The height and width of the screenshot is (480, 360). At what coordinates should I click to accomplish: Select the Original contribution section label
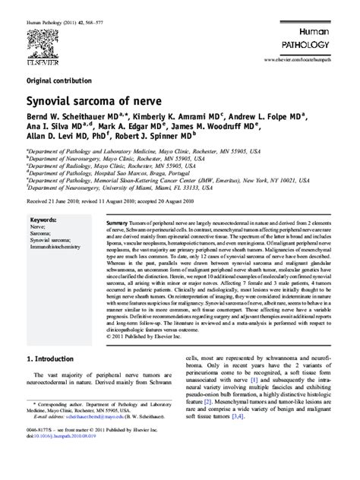(58, 79)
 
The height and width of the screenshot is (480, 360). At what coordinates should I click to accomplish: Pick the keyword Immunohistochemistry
(56, 226)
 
